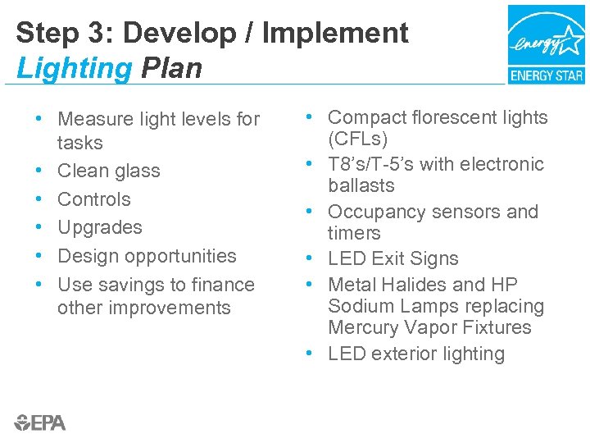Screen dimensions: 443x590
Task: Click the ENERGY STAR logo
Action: point(546,44)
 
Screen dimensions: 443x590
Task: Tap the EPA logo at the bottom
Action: point(40,422)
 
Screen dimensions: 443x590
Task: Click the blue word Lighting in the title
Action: point(74,68)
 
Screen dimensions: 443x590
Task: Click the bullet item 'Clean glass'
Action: point(108,171)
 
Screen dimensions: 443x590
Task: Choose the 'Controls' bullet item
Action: point(93,199)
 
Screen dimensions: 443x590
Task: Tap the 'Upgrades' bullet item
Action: point(99,227)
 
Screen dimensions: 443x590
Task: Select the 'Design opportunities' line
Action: point(147,256)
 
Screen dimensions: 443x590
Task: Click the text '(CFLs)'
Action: point(358,139)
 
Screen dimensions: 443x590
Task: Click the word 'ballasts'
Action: point(361,185)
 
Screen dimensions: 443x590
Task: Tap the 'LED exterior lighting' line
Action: point(415,354)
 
